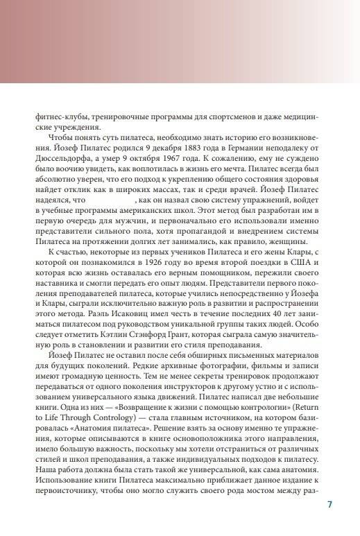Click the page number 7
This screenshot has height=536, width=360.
coord(329,504)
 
